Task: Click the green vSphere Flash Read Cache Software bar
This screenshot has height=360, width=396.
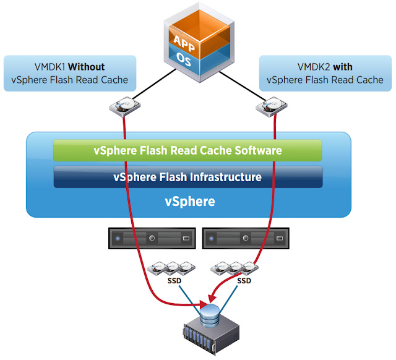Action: [188, 150]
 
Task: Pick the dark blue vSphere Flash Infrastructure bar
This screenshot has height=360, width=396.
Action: [188, 177]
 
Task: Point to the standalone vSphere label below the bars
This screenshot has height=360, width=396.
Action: [188, 202]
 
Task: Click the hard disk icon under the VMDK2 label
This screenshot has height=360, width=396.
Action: [270, 106]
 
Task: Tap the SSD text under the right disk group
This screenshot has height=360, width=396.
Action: [244, 280]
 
